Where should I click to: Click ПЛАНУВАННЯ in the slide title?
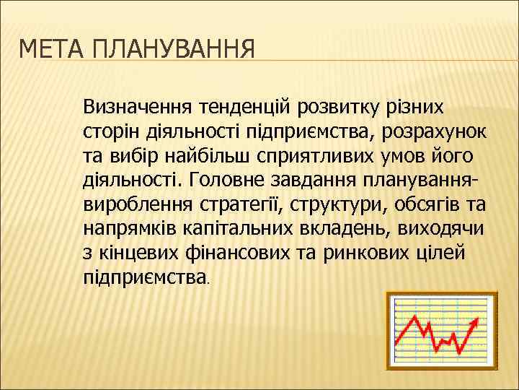pos(174,51)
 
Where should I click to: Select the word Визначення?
pos(135,107)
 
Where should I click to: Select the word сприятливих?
pos(319,155)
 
